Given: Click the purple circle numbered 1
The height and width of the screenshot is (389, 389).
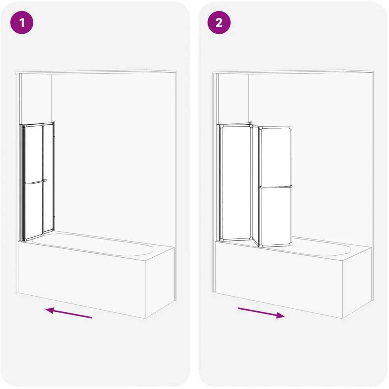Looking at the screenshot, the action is pos(22,23).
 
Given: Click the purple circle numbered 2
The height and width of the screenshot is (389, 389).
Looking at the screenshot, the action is pos(219,23).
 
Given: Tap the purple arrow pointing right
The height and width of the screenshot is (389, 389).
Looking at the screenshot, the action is pos(261,313).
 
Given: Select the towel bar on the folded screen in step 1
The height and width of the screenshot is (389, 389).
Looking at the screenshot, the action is pos(36,182).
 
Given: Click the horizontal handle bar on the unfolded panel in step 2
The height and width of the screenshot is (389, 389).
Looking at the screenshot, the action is pos(276,187).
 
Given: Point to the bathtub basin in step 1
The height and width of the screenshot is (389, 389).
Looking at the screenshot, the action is pos(92,244).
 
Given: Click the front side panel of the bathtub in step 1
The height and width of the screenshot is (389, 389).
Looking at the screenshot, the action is pos(82,280).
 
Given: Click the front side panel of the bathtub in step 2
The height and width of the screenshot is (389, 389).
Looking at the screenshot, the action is pos(278,280).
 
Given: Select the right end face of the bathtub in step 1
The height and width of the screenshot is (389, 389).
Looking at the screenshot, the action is pos(160,283).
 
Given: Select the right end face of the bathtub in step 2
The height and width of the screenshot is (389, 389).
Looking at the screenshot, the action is pos(357,283).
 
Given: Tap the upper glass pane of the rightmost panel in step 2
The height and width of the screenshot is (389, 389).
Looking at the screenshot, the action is pos(275,157).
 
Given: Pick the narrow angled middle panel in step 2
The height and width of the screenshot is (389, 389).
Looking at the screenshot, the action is pos(255,185).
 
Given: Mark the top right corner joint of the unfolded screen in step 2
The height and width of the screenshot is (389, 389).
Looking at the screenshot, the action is pos(290,128).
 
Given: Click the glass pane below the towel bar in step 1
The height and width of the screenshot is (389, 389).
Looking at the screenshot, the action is pos(34,211).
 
